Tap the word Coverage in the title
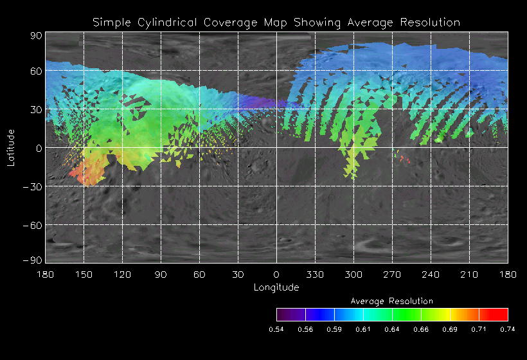(226, 22)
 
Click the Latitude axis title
(11, 147)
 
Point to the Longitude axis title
(276, 287)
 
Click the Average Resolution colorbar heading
(392, 301)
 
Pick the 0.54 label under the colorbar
(276, 329)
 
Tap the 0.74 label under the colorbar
(508, 329)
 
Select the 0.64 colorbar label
(392, 329)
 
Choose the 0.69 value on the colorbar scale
(450, 329)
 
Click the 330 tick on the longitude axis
(315, 274)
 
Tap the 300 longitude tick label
(353, 274)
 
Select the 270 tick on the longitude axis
(392, 274)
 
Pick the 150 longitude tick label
(84, 274)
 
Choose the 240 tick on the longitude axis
(431, 274)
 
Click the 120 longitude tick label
(122, 274)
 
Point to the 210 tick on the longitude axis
(469, 274)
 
